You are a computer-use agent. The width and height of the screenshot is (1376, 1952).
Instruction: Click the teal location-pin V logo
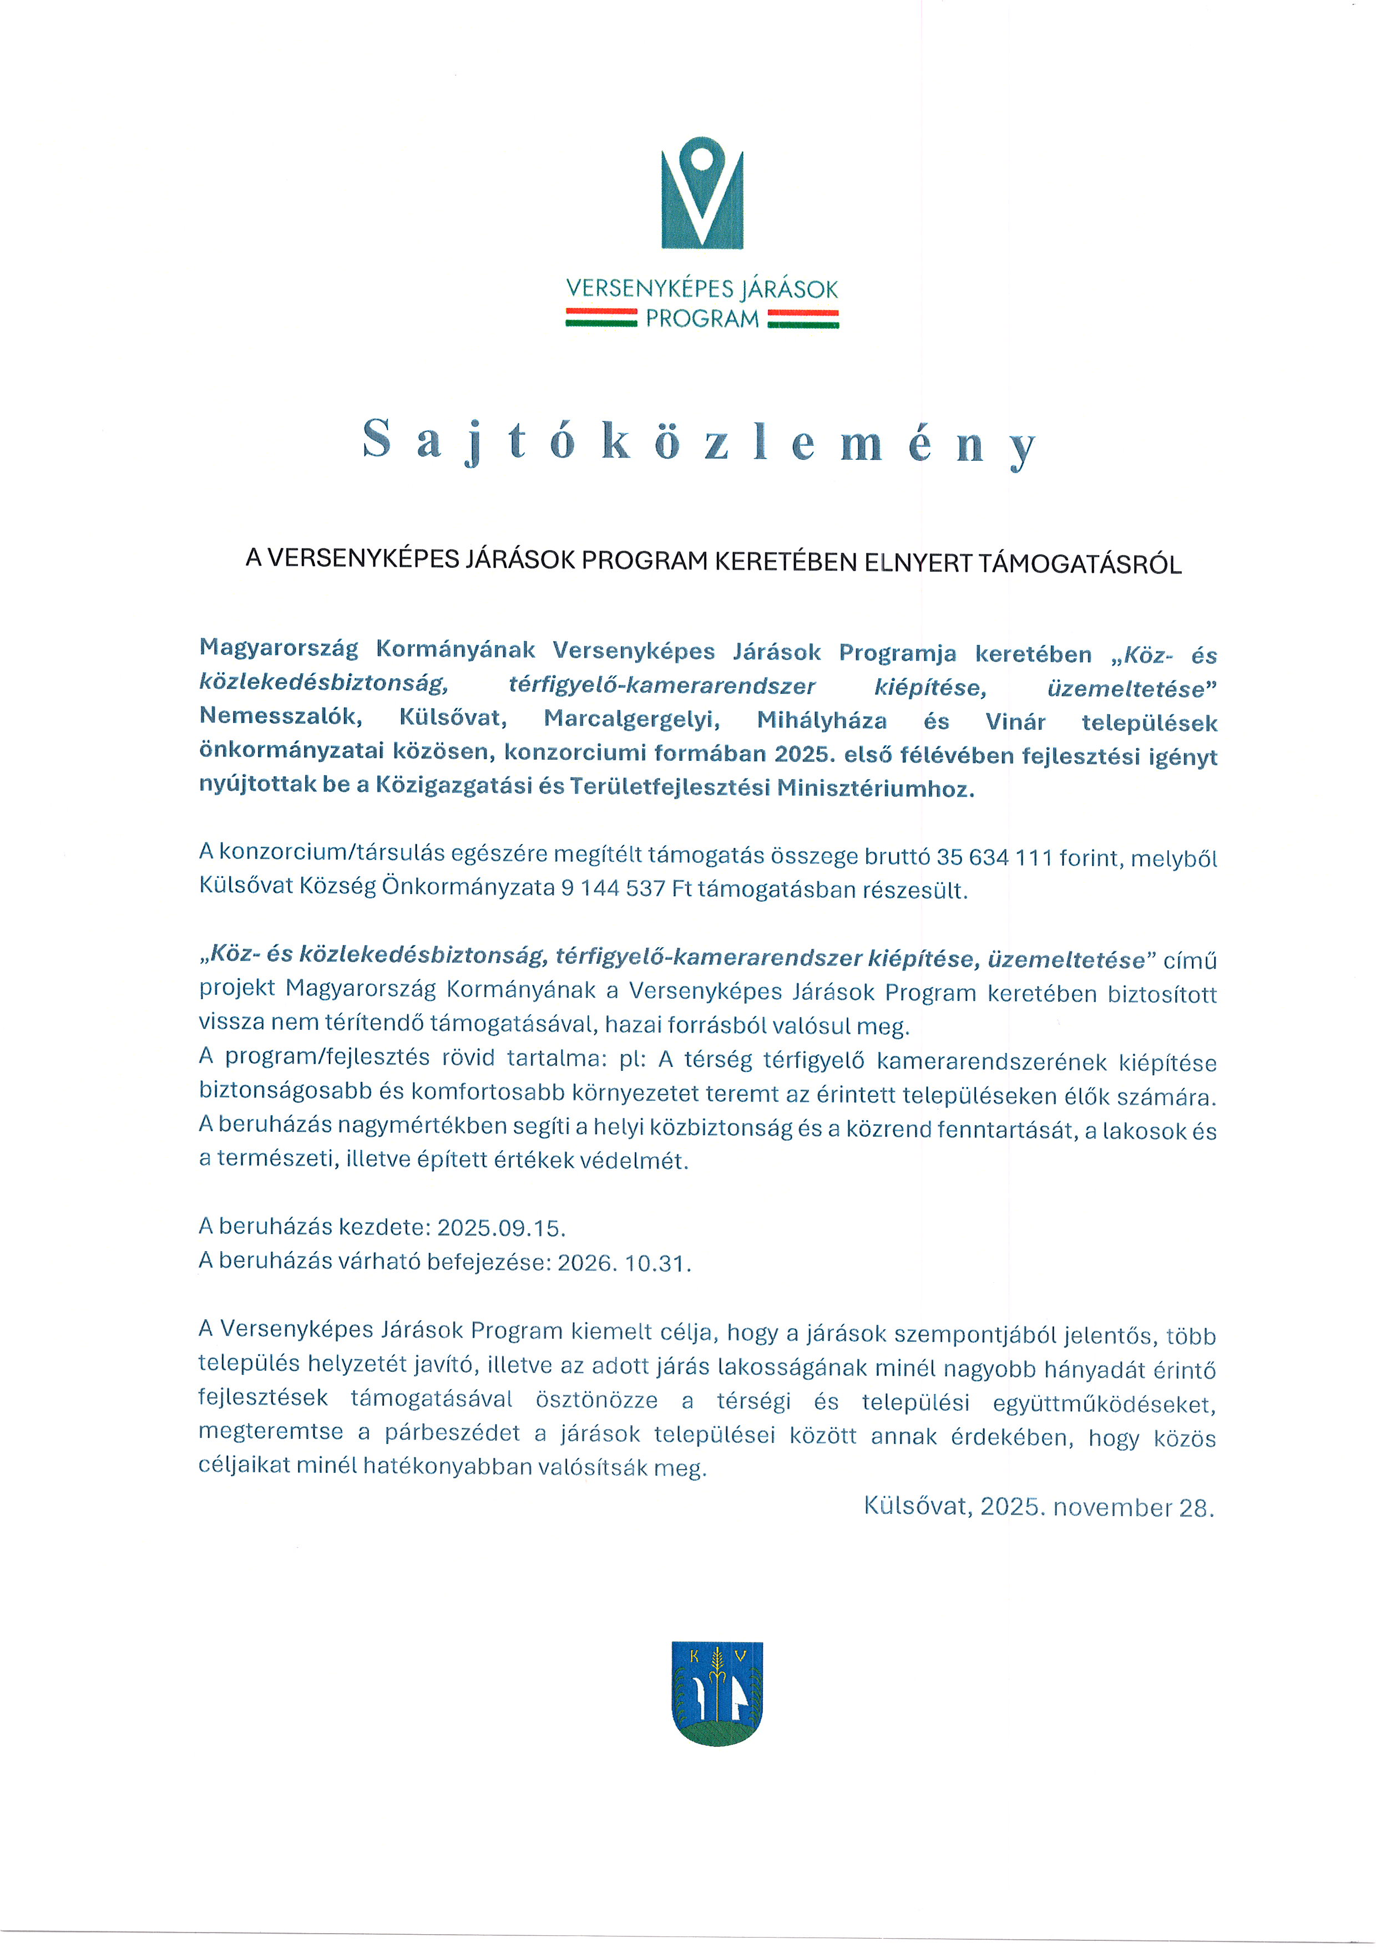pos(702,193)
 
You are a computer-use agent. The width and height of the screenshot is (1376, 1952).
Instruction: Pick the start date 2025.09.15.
pos(501,1228)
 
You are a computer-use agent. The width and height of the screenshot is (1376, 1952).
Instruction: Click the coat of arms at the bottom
pos(716,1692)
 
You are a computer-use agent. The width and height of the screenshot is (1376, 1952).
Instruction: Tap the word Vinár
pos(1015,722)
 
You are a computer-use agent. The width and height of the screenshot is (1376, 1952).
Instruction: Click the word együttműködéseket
pos(1104,1404)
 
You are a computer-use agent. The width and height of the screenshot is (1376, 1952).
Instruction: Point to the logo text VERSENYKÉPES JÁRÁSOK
pos(702,289)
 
